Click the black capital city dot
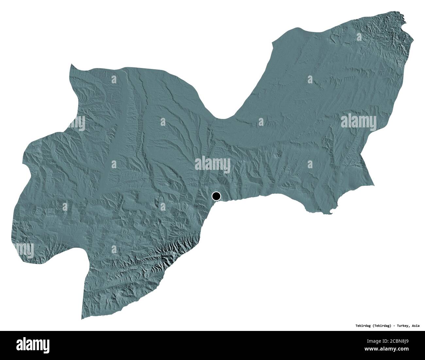pos(216,196)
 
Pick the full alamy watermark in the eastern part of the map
pos(359,122)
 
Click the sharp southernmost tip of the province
pos(82,319)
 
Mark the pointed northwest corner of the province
pos(71,65)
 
